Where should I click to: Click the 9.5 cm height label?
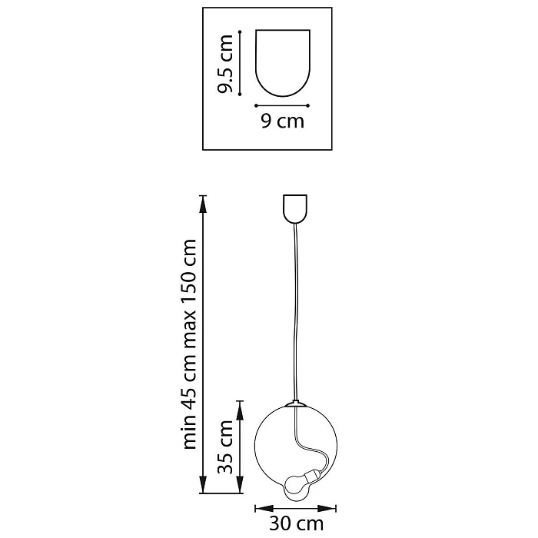coord(226,64)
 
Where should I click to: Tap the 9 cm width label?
coord(283,121)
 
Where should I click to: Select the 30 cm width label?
coord(296,523)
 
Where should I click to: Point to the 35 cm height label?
coord(226,447)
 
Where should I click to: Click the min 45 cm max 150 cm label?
coord(191,344)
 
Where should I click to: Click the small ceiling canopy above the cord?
coord(294,209)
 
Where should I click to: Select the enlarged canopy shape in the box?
coord(283,63)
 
